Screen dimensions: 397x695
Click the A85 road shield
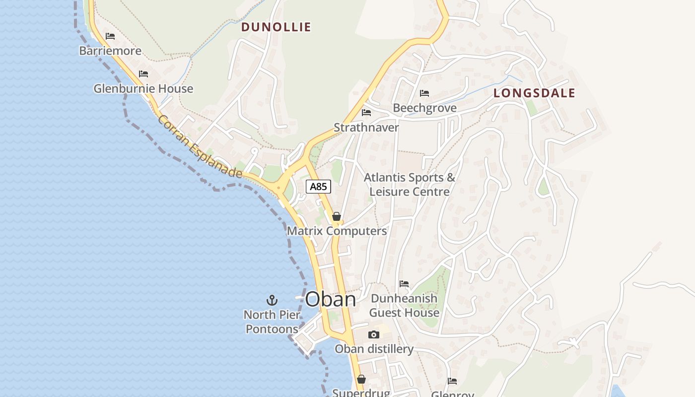click(318, 187)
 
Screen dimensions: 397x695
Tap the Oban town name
click(330, 299)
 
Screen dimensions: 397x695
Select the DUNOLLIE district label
click(276, 27)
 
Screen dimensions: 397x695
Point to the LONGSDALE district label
click(534, 93)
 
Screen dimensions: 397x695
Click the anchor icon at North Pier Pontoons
click(272, 300)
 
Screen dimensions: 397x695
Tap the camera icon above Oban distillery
click(374, 335)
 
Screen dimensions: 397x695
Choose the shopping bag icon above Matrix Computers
click(337, 216)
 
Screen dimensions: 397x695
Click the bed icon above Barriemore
click(110, 36)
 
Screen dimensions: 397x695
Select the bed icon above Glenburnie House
click(143, 74)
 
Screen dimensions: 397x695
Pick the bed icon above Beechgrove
click(424, 93)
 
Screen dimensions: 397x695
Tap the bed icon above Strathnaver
click(366, 113)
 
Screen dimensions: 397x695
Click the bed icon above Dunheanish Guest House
click(404, 284)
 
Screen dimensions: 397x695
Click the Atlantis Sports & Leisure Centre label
click(410, 185)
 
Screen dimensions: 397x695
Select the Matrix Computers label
click(337, 231)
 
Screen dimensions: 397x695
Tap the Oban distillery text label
click(374, 349)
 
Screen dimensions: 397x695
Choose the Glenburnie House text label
click(143, 89)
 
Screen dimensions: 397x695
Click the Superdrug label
click(361, 393)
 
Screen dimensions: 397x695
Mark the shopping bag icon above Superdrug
click(361, 380)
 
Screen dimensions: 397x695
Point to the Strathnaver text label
click(366, 128)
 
